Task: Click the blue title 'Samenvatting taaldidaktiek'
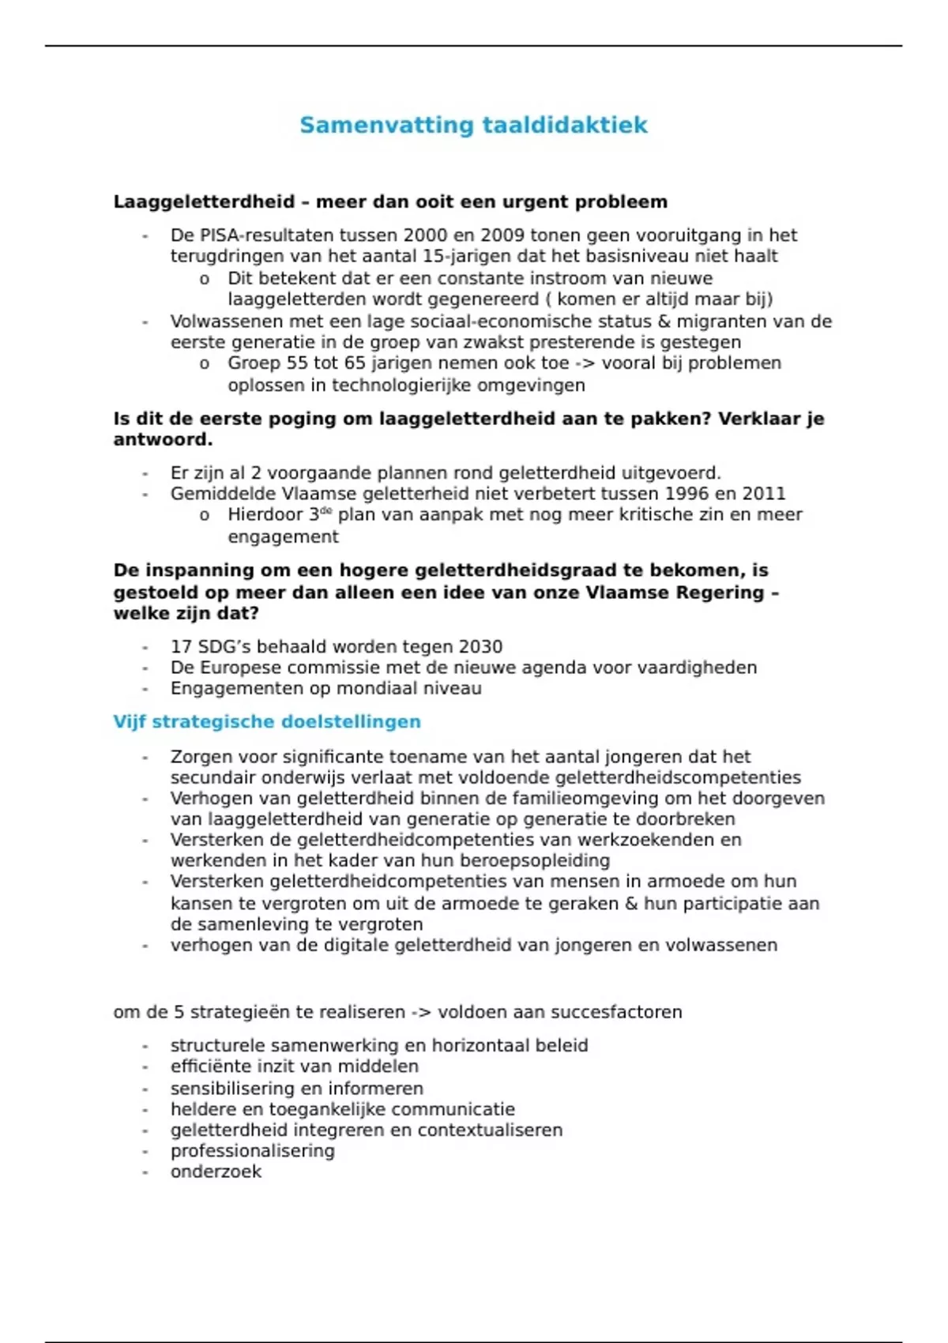click(x=473, y=125)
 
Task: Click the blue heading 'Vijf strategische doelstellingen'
click(x=266, y=721)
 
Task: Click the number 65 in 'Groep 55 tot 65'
click(x=355, y=363)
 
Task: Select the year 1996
click(x=688, y=494)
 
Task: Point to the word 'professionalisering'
click(x=252, y=1151)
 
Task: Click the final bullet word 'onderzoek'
click(x=216, y=1172)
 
